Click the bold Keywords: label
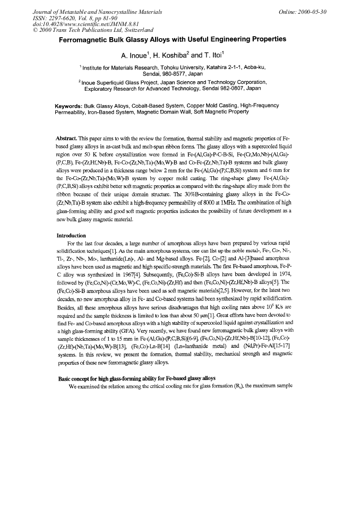tap(68, 106)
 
